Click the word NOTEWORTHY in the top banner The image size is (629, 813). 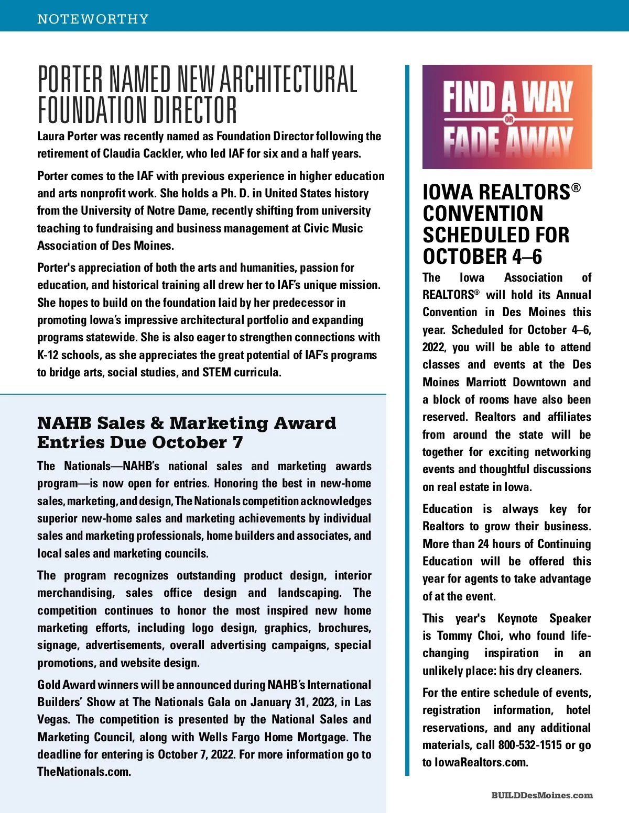click(x=93, y=19)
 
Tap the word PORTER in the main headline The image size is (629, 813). click(x=71, y=80)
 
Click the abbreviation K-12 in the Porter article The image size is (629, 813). click(x=48, y=355)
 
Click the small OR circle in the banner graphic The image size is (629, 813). click(x=508, y=119)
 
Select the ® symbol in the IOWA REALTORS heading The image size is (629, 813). click(x=576, y=187)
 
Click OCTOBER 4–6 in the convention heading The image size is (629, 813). click(x=482, y=257)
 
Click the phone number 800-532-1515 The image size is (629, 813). click(x=530, y=745)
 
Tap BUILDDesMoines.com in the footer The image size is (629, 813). click(x=542, y=795)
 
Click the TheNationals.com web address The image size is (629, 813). click(x=83, y=772)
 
